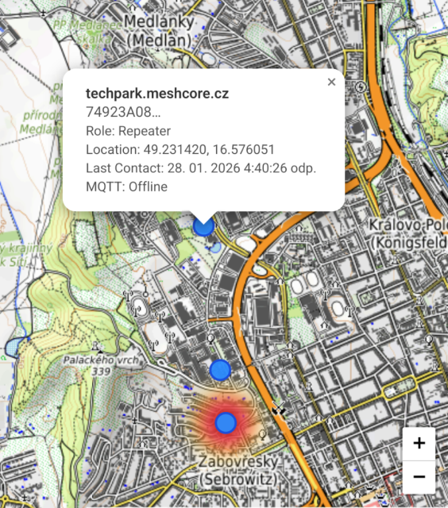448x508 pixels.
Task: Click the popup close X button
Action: coord(331,82)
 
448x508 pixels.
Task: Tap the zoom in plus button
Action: coord(419,444)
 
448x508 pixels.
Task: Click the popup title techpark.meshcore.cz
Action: coord(157,93)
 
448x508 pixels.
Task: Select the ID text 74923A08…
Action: coord(123,111)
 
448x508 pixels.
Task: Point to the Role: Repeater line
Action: coord(128,130)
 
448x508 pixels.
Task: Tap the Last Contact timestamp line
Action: coord(201,167)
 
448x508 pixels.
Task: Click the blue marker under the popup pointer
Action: coord(204,227)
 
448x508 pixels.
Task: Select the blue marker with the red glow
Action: coord(226,422)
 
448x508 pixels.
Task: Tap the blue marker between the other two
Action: coord(220,369)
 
